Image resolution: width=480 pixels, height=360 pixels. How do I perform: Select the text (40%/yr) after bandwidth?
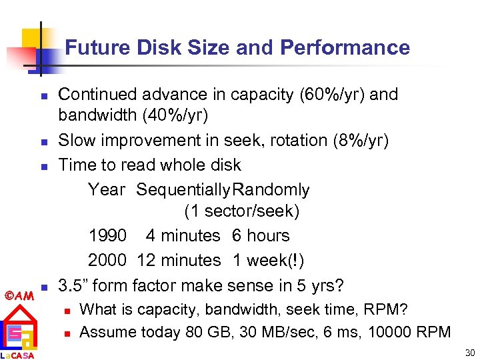pyautogui.click(x=175, y=115)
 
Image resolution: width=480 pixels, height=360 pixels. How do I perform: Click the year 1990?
pyautogui.click(x=107, y=236)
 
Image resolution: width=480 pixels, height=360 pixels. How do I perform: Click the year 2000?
pyautogui.click(x=107, y=260)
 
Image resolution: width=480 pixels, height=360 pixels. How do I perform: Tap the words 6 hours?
pyautogui.click(x=261, y=236)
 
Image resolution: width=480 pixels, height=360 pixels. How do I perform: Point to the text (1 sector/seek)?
pyautogui.click(x=241, y=212)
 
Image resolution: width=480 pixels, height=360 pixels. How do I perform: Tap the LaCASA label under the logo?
pyautogui.click(x=17, y=355)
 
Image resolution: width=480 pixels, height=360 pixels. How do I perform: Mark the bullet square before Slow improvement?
pyautogui.click(x=43, y=141)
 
